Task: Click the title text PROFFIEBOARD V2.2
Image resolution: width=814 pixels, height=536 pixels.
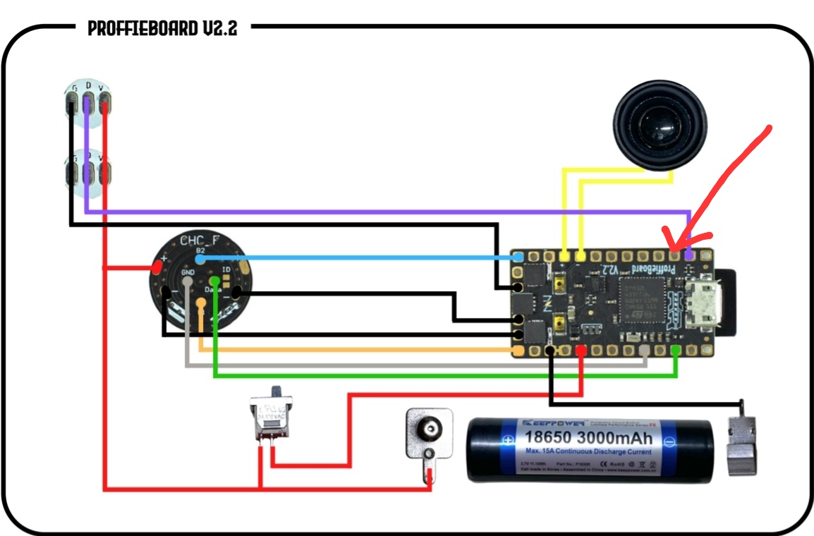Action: [162, 28]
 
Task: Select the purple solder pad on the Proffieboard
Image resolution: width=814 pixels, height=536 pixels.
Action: [689, 255]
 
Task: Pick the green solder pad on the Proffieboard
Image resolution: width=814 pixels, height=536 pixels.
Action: [676, 351]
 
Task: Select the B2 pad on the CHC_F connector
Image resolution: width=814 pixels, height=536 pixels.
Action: [200, 259]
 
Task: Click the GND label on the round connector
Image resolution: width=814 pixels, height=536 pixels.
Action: [187, 272]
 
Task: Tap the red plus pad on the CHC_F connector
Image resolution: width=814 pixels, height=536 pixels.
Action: [156, 268]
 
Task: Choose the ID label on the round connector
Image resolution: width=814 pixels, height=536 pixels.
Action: [226, 269]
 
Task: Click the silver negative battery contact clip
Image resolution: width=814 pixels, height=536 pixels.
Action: [741, 444]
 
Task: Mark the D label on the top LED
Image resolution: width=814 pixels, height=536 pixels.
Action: [87, 86]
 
